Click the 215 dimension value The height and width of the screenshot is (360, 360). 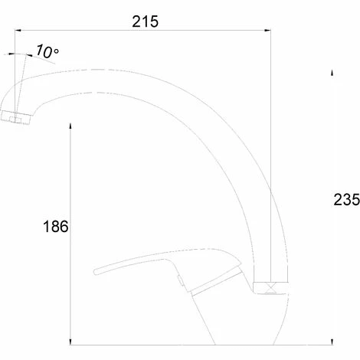146,21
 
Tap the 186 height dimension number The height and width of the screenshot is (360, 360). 56,226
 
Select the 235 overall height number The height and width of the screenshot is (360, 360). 346,199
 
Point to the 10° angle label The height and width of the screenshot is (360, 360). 47,51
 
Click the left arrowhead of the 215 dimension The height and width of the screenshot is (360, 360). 18,31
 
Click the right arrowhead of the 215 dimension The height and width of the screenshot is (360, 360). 267,31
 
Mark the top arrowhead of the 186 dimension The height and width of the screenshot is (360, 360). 70,126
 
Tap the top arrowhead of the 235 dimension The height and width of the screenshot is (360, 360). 332,73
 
